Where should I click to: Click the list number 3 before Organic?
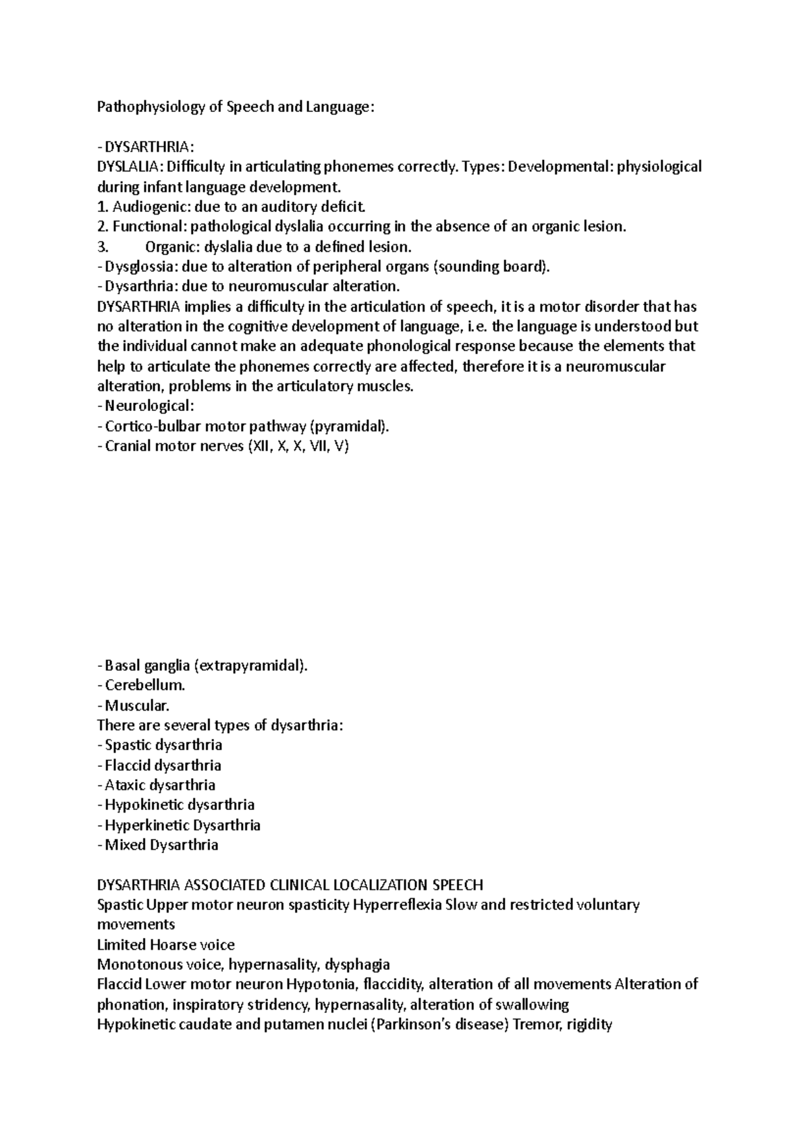(x=101, y=246)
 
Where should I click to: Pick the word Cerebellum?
(x=144, y=685)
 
